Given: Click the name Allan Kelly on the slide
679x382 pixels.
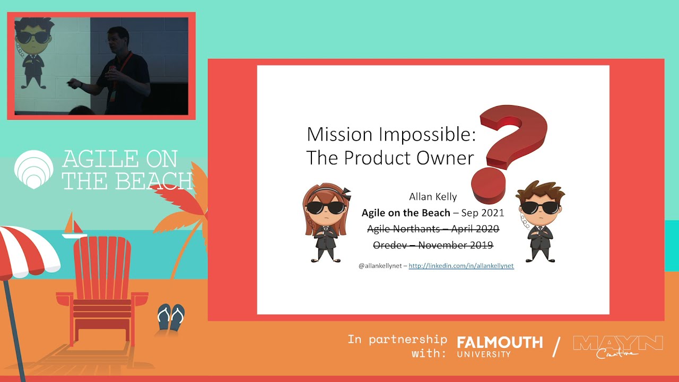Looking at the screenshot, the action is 433,197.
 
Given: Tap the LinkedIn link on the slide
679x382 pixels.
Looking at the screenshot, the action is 461,266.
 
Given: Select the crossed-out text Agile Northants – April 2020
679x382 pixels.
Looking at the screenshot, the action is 433,229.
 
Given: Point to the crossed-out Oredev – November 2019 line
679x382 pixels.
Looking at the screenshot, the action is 433,245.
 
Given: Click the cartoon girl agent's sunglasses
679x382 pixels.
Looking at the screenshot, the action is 326,207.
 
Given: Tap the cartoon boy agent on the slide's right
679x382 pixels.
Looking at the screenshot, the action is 540,221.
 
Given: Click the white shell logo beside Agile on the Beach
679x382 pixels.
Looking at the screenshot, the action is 33,169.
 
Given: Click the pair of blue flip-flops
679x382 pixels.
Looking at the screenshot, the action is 171,317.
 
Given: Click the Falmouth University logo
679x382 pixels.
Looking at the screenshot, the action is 500,346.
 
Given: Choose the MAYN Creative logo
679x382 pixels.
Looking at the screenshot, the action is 618,346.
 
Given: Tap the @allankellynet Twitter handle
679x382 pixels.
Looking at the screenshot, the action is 380,266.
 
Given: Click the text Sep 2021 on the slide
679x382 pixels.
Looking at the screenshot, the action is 483,213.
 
